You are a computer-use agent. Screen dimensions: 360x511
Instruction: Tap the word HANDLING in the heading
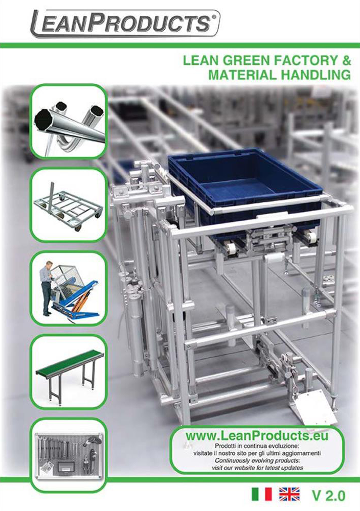[x=316, y=75]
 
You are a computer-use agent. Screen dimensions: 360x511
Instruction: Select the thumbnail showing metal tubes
[x=69, y=121]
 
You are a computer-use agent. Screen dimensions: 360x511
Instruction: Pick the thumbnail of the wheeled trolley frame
[x=69, y=205]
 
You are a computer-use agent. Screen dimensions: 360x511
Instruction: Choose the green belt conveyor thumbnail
[x=69, y=371]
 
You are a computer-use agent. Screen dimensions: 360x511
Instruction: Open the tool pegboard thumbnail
[x=69, y=455]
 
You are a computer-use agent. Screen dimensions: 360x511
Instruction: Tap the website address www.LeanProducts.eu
[x=257, y=435]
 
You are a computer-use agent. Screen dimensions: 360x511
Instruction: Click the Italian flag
[x=261, y=494]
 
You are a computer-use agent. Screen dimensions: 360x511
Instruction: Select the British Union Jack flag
[x=289, y=494]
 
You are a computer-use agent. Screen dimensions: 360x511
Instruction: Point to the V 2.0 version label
[x=328, y=495]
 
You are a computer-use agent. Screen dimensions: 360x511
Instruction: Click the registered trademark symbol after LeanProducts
[x=214, y=16]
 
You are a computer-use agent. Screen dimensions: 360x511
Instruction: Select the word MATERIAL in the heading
[x=243, y=75]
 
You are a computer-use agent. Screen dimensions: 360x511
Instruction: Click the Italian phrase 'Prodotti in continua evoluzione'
[x=257, y=446]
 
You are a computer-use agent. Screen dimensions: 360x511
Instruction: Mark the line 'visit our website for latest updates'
[x=257, y=468]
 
